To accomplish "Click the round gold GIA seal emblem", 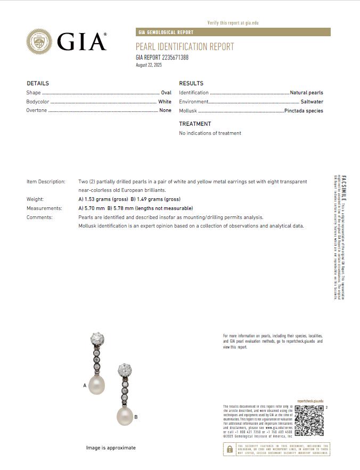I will [x=40, y=41].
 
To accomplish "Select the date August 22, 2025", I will [x=149, y=65].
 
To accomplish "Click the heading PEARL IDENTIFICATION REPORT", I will [x=185, y=47].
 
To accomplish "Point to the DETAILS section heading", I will [x=37, y=84].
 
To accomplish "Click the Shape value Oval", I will [x=166, y=93].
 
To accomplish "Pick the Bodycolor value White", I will [x=165, y=102].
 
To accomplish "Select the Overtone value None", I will [x=165, y=110].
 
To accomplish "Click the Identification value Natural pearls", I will [x=306, y=93].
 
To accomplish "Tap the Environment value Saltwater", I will [x=312, y=102].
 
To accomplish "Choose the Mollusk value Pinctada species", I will [x=304, y=111].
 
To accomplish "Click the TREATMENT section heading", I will [x=195, y=124].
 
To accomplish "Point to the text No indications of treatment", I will [x=210, y=133].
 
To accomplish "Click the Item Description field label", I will [x=46, y=182].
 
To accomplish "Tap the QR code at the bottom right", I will [x=309, y=420].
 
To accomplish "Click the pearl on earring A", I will [x=97, y=385].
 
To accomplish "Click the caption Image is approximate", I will [x=111, y=448].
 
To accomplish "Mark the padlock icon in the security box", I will [x=230, y=449].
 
